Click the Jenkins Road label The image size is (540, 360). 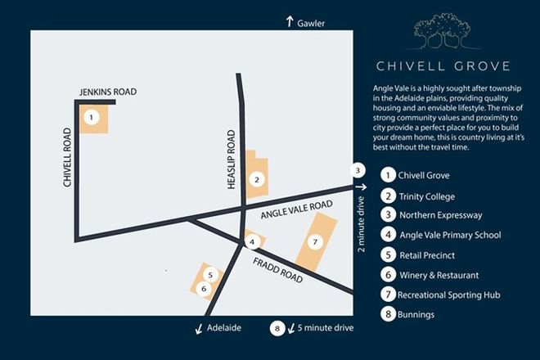click(x=106, y=92)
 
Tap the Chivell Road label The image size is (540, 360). click(x=68, y=157)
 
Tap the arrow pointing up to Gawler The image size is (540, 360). click(x=290, y=23)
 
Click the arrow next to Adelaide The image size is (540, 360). click(x=199, y=328)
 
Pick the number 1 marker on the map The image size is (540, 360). click(x=92, y=117)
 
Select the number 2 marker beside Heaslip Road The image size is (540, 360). click(x=257, y=178)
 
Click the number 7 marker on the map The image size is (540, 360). click(x=314, y=242)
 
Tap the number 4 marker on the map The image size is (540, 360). click(x=254, y=241)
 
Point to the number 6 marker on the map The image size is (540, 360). click(x=205, y=288)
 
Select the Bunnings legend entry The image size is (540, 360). click(x=416, y=313)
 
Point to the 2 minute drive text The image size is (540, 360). click(x=360, y=223)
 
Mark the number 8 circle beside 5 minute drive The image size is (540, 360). click(x=277, y=328)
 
